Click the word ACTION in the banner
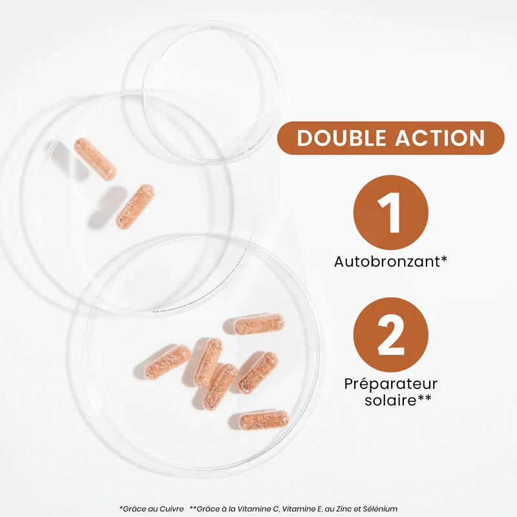[440, 138]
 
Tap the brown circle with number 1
[391, 213]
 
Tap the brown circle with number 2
[391, 335]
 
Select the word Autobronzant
[387, 262]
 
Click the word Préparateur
[391, 385]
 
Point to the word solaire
[385, 401]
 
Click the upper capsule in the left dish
[95, 159]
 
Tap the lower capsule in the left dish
[135, 206]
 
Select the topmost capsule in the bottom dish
[259, 324]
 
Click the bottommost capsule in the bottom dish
[264, 419]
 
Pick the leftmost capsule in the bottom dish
[168, 362]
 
